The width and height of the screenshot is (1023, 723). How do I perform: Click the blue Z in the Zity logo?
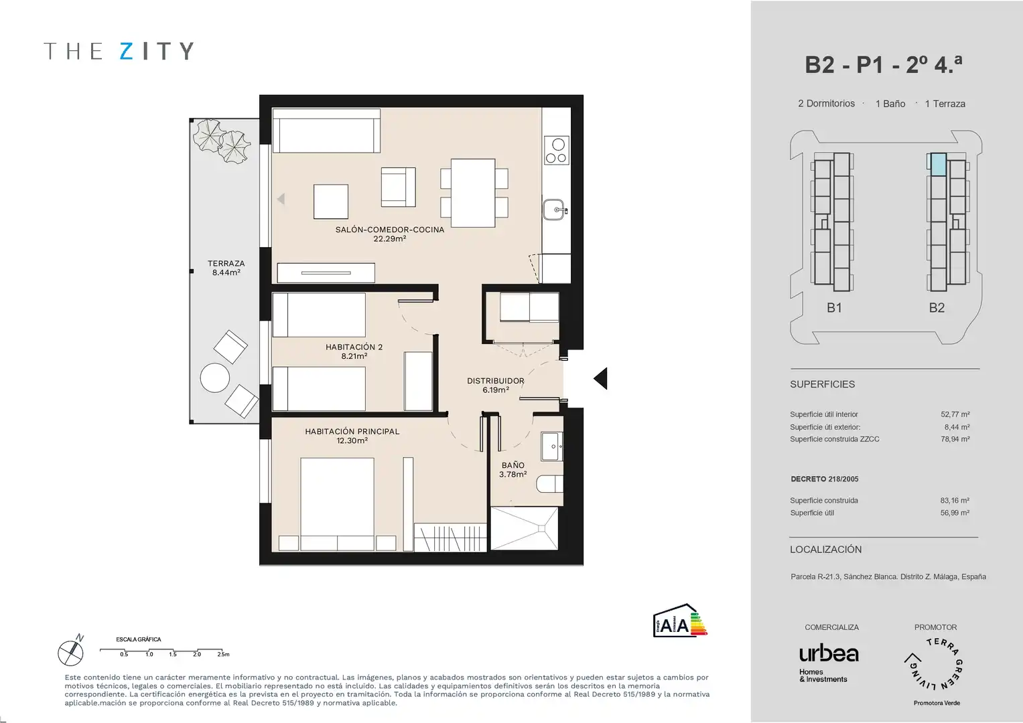pos(127,51)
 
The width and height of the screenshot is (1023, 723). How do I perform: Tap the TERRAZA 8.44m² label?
pos(226,268)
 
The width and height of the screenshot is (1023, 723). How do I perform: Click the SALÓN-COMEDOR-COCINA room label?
pos(389,234)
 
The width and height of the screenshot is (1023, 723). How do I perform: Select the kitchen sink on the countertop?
pos(555,210)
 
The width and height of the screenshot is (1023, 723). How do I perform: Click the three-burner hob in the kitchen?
pos(557,150)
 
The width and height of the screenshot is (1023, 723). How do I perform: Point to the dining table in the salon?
pos(473,193)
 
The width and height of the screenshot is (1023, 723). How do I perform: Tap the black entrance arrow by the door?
pos(600,378)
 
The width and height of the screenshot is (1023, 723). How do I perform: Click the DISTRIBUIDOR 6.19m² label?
pos(496,385)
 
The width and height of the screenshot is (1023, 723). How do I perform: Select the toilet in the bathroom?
pos(550,484)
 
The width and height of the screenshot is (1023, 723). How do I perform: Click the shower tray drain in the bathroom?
pos(541,529)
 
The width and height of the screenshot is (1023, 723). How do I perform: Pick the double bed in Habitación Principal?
pos(337,504)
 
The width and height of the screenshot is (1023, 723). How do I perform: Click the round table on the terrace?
pos(214,378)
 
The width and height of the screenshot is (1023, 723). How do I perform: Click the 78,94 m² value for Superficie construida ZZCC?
pos(955,439)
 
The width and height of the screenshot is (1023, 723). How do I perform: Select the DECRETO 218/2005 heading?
pos(824,479)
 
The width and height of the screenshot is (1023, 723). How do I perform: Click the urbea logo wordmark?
pos(829,654)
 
